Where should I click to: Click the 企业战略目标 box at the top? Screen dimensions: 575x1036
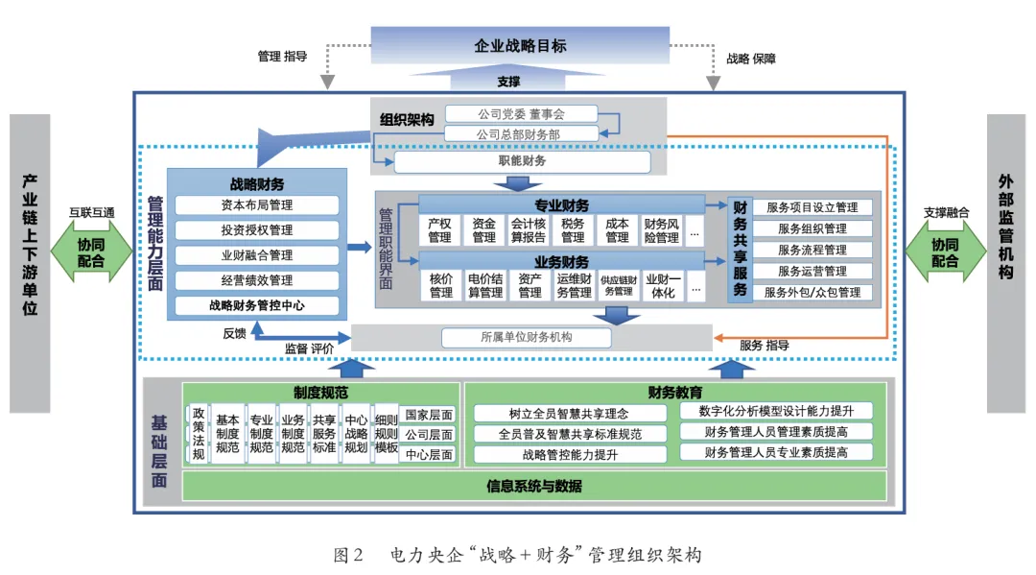coord(520,45)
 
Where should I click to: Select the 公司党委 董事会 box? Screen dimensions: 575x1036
coord(520,114)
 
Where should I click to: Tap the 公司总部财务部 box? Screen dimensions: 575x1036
coord(520,134)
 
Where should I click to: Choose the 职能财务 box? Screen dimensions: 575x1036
coord(520,161)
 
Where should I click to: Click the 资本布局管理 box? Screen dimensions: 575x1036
coord(256,205)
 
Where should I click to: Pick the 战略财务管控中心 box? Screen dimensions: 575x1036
coord(256,306)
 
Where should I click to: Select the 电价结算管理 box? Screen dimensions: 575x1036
coord(484,285)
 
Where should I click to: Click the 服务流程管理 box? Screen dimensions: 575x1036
coord(812,250)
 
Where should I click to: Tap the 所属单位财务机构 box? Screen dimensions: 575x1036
coord(526,338)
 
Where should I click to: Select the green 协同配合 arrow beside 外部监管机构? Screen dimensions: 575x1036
coord(945,252)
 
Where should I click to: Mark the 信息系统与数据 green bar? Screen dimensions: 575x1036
coord(533,486)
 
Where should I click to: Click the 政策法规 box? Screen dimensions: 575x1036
coord(199,433)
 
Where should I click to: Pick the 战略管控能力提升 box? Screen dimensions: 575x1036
coord(570,454)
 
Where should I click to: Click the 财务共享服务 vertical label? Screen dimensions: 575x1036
coord(740,249)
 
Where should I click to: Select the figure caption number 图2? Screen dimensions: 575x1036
coord(346,555)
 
